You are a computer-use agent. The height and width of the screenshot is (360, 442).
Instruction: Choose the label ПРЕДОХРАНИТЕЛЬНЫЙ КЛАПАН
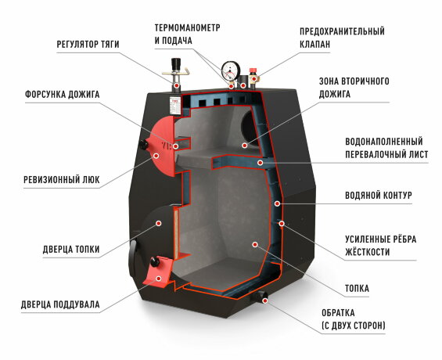coord(342,38)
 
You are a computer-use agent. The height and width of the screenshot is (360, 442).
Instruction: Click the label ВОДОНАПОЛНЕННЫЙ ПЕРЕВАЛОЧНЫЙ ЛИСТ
coord(386,148)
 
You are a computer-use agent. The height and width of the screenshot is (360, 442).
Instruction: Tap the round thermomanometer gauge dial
coord(230,68)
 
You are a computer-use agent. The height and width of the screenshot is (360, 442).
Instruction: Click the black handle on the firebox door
coord(134,257)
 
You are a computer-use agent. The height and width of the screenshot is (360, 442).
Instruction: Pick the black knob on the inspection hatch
coord(144,145)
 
